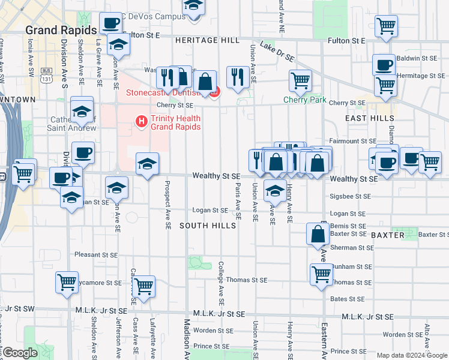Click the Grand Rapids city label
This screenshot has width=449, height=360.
click(x=61, y=31)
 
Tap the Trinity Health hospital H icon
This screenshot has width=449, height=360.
click(x=142, y=121)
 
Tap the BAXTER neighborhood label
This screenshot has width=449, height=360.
click(x=387, y=235)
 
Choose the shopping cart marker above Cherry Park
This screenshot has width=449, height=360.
click(x=300, y=80)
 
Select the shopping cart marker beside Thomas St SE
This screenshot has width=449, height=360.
click(x=321, y=274)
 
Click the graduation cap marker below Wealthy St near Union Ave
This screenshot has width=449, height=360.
click(x=275, y=191)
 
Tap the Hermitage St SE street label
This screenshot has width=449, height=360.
click(x=421, y=76)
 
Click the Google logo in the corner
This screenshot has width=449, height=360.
click(x=20, y=353)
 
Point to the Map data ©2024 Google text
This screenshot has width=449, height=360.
click(x=411, y=355)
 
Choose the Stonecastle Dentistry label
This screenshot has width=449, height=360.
click(x=168, y=93)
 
